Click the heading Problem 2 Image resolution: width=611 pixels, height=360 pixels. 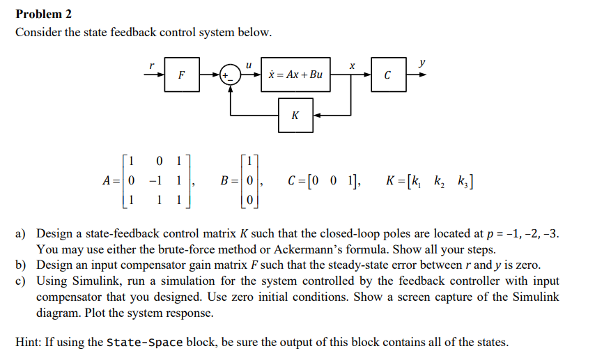pos(43,14)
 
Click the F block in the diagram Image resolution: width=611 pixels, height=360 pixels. pos(181,75)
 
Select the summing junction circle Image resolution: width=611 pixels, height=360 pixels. pos(230,75)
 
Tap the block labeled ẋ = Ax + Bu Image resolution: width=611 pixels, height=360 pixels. pos(295,75)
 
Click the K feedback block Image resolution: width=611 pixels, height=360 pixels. pos(295,115)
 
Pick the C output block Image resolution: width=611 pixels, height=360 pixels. pos(387,75)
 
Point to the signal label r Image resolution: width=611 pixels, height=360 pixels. pos(151,64)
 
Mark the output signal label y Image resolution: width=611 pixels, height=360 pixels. pos(422,63)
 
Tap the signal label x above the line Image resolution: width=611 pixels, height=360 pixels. pos(352,65)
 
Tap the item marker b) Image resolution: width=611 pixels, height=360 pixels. pos(22,265)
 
